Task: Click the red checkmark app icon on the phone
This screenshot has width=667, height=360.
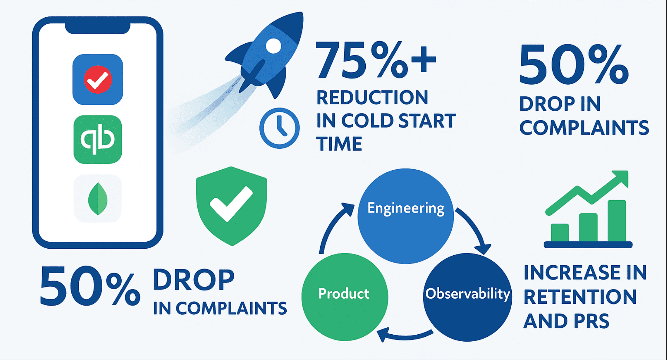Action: click(x=98, y=79)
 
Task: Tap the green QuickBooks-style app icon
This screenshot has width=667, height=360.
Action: click(x=98, y=139)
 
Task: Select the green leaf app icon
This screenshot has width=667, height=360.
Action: click(x=98, y=198)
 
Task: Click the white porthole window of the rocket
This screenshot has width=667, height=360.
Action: click(x=273, y=46)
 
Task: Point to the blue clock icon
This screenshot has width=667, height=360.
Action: click(x=279, y=128)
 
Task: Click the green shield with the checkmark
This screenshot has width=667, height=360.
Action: click(x=232, y=206)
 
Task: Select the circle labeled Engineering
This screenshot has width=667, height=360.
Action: click(x=406, y=216)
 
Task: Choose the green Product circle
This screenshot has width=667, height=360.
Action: click(x=345, y=297)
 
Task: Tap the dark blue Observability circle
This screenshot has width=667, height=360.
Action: click(x=468, y=297)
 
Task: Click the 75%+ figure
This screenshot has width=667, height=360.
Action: click(x=376, y=60)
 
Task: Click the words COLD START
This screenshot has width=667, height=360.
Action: click(x=398, y=121)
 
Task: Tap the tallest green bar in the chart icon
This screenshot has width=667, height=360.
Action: click(x=617, y=221)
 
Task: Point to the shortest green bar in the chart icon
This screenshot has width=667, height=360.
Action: click(x=560, y=233)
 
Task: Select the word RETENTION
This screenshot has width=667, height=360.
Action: click(x=580, y=297)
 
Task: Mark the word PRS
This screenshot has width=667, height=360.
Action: click(x=591, y=321)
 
